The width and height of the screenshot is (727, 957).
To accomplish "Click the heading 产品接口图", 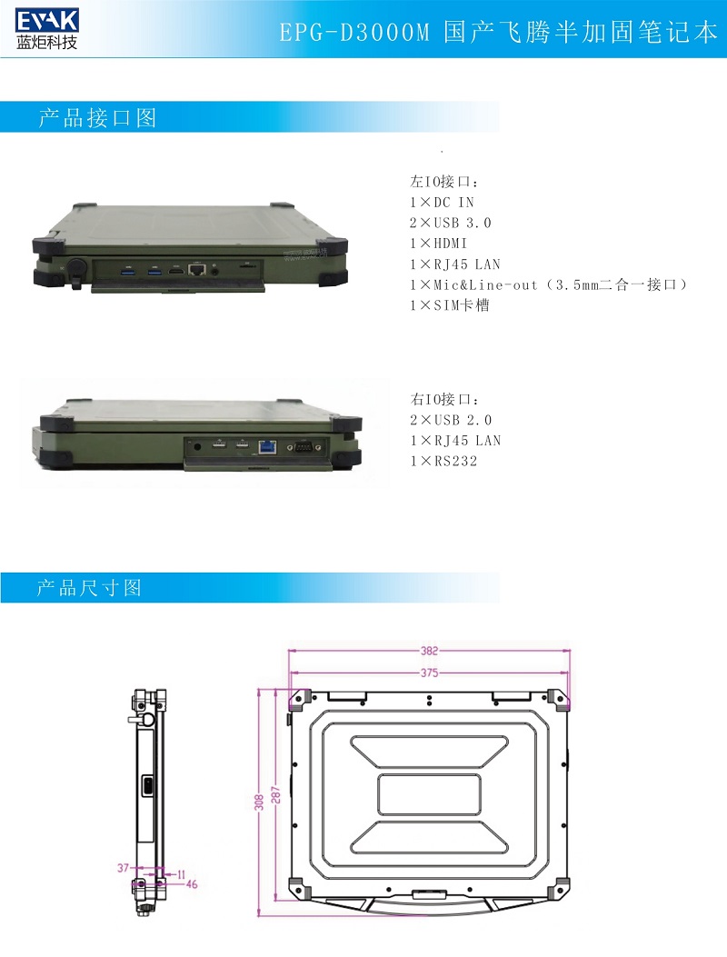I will coord(97,118).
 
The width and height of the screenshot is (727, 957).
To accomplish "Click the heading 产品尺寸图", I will coord(89,588).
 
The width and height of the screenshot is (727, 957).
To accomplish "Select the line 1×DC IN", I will coord(442,203).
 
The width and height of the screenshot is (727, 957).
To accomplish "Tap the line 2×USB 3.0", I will coord(450,224).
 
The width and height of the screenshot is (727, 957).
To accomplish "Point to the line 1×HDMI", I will coord(438,244).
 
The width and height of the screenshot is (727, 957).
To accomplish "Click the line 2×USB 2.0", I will coord(450,420).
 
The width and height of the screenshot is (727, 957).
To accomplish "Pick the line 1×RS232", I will coord(443,462).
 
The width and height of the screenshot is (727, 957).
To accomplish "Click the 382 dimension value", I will coord(429,651).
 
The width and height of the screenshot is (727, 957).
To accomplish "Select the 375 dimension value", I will coord(429,673).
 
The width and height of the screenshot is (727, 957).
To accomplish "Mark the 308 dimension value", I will coord(259,802).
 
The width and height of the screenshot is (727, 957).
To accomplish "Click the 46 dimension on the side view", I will coord(192,883).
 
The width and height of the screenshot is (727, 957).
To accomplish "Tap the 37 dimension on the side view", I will coord(124,869).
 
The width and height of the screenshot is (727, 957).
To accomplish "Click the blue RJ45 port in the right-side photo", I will coord(268,446).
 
